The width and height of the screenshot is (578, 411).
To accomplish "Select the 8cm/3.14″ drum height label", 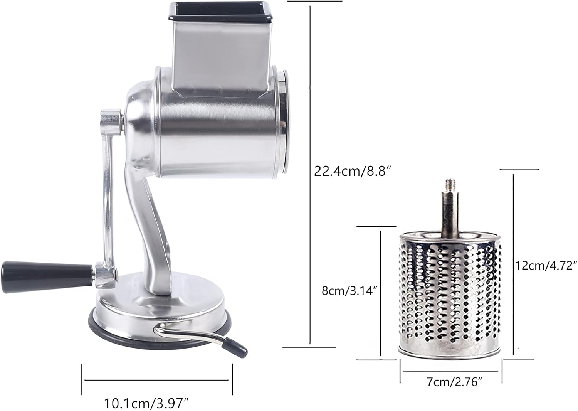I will click(x=348, y=290).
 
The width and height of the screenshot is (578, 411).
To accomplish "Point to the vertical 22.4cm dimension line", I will click(x=311, y=173).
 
